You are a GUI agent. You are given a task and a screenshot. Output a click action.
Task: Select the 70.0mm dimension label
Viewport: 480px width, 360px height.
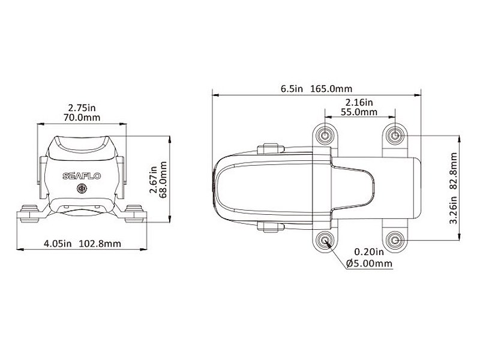click(83, 118)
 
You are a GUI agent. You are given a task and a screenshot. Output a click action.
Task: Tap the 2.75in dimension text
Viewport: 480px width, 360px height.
click(82, 108)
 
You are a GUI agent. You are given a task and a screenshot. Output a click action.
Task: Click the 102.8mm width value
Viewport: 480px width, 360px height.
click(100, 244)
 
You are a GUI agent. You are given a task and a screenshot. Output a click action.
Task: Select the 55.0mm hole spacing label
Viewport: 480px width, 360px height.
click(359, 112)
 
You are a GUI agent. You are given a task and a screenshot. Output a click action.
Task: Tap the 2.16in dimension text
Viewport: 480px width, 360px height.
click(359, 103)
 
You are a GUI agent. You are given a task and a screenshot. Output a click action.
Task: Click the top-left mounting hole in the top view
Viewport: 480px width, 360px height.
click(325, 135)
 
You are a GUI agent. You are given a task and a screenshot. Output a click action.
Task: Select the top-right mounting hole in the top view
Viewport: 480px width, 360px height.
click(394, 135)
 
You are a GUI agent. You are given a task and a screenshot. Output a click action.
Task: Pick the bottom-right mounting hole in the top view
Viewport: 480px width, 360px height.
click(394, 241)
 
